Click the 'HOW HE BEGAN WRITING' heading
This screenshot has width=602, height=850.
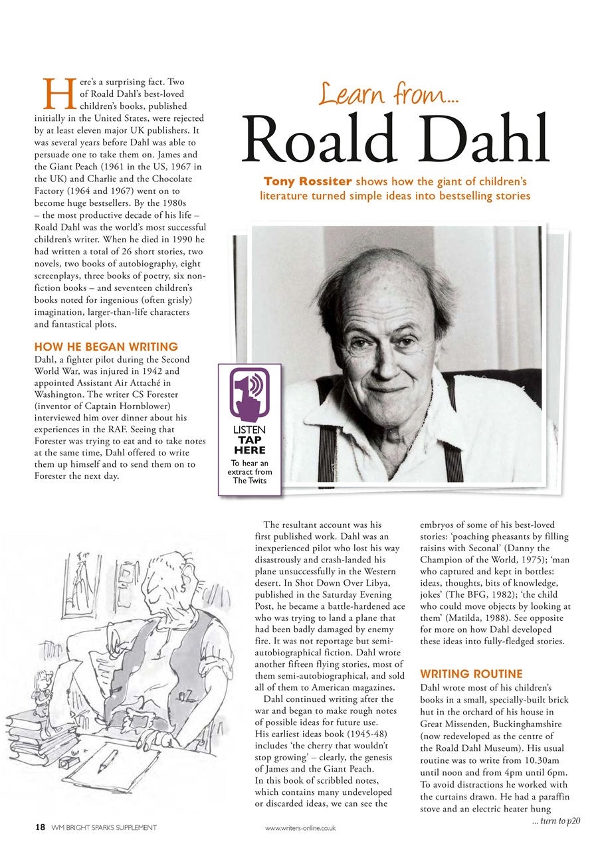(106, 347)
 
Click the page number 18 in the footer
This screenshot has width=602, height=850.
(40, 827)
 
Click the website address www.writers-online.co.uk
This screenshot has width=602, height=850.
(300, 828)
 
